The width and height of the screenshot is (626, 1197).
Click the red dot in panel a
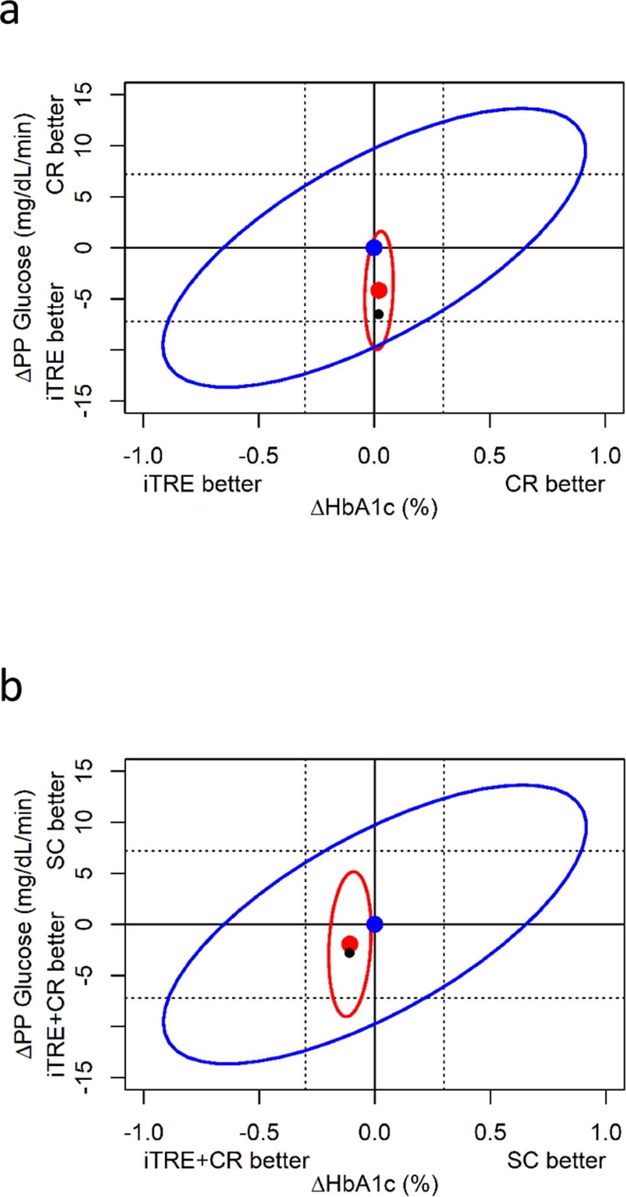(x=379, y=290)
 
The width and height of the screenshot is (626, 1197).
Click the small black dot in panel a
(x=379, y=314)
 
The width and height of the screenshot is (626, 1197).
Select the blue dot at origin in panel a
(x=374, y=247)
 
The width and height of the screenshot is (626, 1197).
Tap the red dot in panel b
(x=350, y=944)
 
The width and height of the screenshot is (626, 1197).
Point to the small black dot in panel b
(x=349, y=953)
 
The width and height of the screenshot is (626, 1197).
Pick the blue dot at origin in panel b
(x=375, y=924)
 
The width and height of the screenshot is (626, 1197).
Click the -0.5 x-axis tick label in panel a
(x=258, y=456)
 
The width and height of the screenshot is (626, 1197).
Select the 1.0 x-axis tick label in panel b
(x=605, y=1133)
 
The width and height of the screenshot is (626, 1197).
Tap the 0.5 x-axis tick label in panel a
(x=490, y=456)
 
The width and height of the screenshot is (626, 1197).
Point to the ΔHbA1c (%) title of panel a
(x=374, y=507)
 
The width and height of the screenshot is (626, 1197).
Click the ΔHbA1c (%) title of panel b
(x=375, y=1183)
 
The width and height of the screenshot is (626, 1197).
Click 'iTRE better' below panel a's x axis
(x=202, y=484)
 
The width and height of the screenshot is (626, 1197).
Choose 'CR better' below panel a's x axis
(x=555, y=484)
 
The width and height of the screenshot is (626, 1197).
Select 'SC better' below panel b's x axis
(x=556, y=1160)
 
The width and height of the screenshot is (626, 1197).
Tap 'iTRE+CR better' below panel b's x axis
(x=226, y=1160)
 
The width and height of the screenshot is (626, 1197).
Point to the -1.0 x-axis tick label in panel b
(x=144, y=1133)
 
